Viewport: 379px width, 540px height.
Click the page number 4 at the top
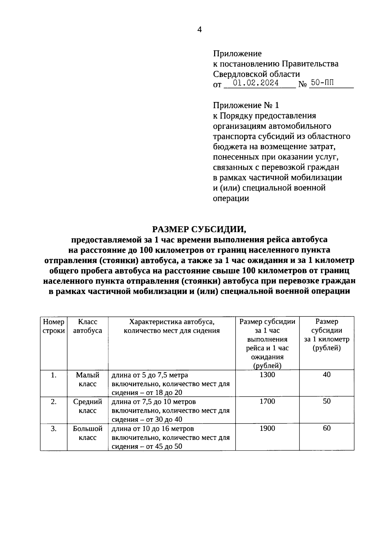pyautogui.click(x=199, y=30)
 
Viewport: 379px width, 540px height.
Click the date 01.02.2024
pyautogui.click(x=256, y=83)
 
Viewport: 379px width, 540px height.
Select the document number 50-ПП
pyautogui.click(x=322, y=83)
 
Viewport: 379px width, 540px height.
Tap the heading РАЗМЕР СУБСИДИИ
pyautogui.click(x=199, y=229)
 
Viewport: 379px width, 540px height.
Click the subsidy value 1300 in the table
pyautogui.click(x=267, y=375)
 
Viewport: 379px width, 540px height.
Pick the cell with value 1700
pyautogui.click(x=267, y=401)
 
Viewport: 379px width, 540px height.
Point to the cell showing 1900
pyautogui.click(x=267, y=429)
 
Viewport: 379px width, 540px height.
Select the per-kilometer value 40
pyautogui.click(x=327, y=375)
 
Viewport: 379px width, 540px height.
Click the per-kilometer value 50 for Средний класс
pyautogui.click(x=327, y=401)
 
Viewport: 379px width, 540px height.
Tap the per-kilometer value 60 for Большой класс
pyautogui.click(x=327, y=428)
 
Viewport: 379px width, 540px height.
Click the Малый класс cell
pyautogui.click(x=87, y=380)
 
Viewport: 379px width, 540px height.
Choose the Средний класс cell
pyautogui.click(x=87, y=406)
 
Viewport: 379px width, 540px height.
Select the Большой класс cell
pyautogui.click(x=87, y=433)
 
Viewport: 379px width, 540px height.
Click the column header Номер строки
pyautogui.click(x=54, y=326)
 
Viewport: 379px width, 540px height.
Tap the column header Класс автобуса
pyautogui.click(x=87, y=326)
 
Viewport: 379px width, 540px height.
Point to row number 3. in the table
pyautogui.click(x=54, y=429)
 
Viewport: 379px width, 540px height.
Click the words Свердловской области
pyautogui.click(x=256, y=74)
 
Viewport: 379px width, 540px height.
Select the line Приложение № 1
pyautogui.click(x=246, y=105)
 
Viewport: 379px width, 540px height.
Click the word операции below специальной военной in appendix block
pyautogui.click(x=231, y=199)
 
